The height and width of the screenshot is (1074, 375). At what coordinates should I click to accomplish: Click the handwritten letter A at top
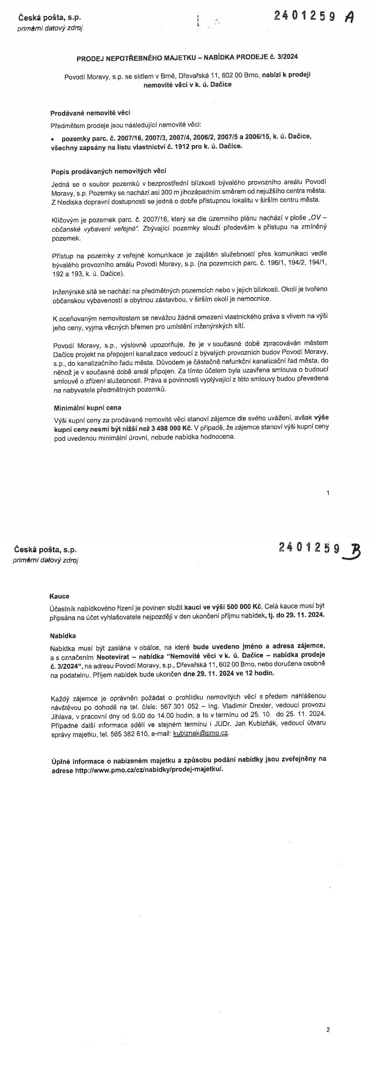point(349,17)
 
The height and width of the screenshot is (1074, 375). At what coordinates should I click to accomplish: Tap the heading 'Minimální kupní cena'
point(87,407)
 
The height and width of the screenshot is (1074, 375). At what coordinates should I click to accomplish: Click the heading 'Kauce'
point(59,596)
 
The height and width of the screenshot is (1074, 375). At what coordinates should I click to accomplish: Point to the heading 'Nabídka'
point(63,636)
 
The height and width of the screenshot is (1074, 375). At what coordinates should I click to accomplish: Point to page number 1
point(328,493)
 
